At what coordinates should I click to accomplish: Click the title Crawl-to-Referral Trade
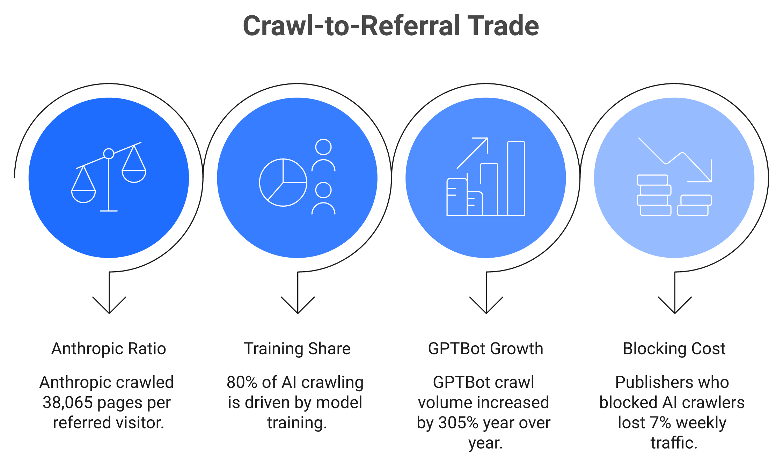coord(391,26)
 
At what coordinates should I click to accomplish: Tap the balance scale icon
coord(109,177)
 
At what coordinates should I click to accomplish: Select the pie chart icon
coord(283,183)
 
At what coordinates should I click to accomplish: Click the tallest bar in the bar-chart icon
coord(516,178)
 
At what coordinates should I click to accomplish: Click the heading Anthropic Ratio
coord(109,349)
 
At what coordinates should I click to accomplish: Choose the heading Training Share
coord(297,349)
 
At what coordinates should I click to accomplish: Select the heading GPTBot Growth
coord(486,349)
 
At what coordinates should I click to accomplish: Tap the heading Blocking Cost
coord(674,349)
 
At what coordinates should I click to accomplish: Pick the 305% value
coord(458,423)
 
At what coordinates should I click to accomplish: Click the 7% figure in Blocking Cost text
coord(660,423)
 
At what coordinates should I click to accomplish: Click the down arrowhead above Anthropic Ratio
coord(109,305)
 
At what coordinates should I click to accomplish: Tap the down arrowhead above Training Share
coord(298,305)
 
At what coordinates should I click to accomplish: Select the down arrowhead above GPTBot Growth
coord(486,305)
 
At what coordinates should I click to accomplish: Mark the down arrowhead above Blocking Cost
coord(675,305)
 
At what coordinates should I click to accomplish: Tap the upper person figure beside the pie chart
coord(323,155)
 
